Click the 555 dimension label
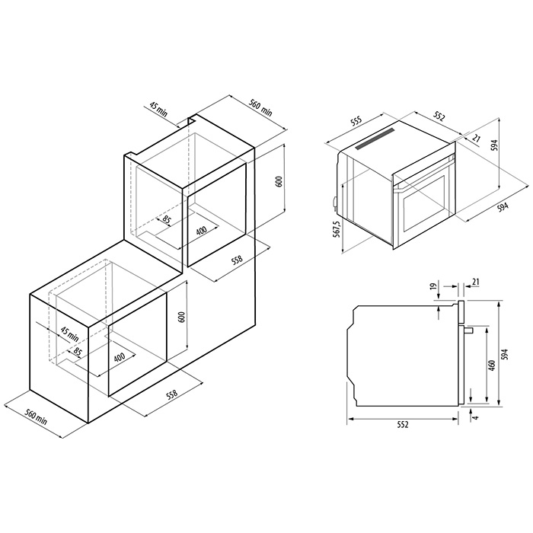pyautogui.click(x=356, y=123)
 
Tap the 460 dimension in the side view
pyautogui.click(x=493, y=365)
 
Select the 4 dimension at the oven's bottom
pyautogui.click(x=476, y=417)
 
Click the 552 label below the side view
pyautogui.click(x=402, y=425)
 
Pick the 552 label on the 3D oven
pyautogui.click(x=438, y=116)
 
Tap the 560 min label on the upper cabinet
pyautogui.click(x=260, y=107)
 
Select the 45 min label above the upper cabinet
pyautogui.click(x=158, y=110)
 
